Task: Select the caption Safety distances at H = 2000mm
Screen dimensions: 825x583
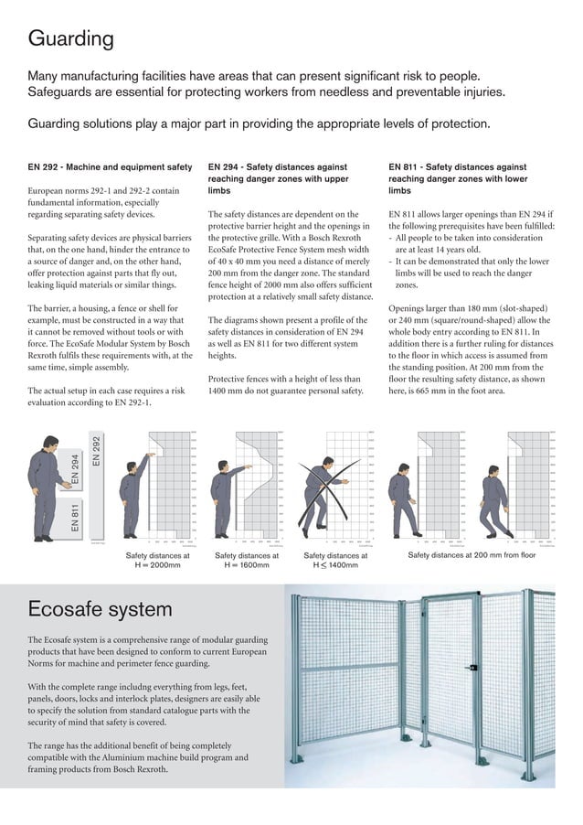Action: (157, 560)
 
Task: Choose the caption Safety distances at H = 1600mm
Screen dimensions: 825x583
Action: (246, 560)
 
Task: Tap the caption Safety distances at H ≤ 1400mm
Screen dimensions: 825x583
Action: (334, 560)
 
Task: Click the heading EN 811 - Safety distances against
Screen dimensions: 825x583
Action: (457, 168)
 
